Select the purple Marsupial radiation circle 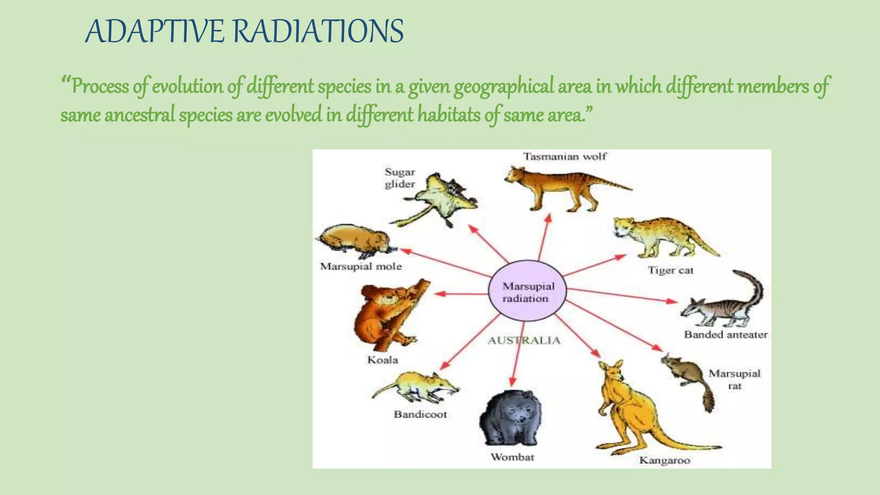click(x=528, y=291)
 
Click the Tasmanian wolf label click(x=565, y=156)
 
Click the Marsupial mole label click(x=361, y=266)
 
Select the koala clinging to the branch click(x=382, y=314)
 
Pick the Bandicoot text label click(x=420, y=415)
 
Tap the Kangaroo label click(x=664, y=461)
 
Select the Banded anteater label click(x=726, y=335)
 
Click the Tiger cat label click(x=670, y=271)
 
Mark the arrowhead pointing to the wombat click(x=512, y=382)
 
